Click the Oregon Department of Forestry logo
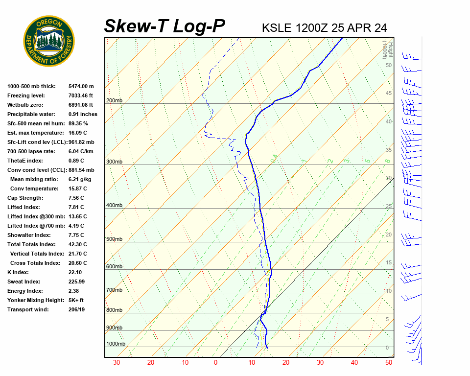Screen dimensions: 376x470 tap(49, 41)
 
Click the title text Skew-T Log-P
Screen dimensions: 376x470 tap(165, 26)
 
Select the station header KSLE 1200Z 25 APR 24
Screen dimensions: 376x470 tap(325, 27)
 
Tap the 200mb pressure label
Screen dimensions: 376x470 tap(114, 101)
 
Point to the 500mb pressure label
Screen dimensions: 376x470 tap(114, 239)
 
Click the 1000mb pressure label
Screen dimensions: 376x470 tap(116, 344)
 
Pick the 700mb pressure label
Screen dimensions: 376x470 tap(114, 290)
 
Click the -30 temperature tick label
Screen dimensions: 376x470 tap(116, 363)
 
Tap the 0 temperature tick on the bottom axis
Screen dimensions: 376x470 tap(215, 363)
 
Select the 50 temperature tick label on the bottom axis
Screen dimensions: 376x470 tap(389, 363)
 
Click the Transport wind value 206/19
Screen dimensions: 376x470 tap(77, 309)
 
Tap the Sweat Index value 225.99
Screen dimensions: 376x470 tap(77, 282)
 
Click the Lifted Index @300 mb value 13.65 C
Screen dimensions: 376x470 tap(78, 216)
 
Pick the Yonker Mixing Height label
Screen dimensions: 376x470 tap(35, 300)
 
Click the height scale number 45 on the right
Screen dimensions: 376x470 tap(389, 94)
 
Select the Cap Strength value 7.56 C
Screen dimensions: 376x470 tap(76, 198)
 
